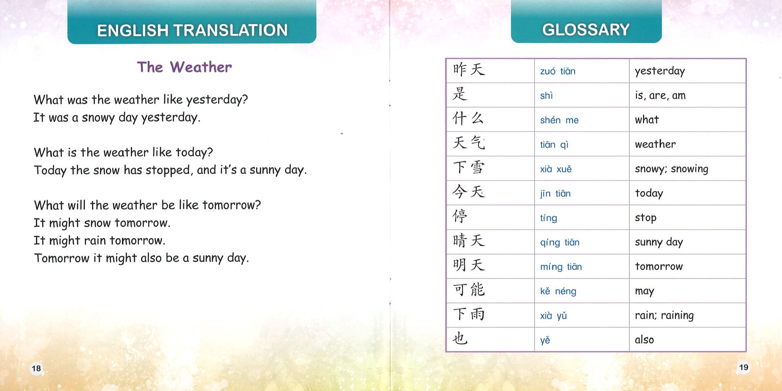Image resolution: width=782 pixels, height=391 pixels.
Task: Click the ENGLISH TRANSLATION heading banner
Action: (192, 30)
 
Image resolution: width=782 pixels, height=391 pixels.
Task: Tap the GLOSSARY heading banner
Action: (586, 29)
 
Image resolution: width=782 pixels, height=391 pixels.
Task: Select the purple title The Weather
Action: (184, 67)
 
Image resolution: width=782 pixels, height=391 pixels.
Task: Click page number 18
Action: (36, 368)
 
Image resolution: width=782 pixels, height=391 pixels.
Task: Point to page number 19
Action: (744, 367)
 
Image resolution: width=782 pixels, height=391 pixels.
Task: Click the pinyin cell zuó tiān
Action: (557, 71)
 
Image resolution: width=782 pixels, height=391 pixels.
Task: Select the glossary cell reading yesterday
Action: (660, 71)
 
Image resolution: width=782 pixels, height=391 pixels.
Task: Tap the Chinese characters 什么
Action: (469, 119)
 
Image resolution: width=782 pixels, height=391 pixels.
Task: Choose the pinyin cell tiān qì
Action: (554, 144)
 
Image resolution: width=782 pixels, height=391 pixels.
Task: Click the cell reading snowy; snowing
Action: (671, 169)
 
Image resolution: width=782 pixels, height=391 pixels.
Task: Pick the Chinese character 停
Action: (460, 217)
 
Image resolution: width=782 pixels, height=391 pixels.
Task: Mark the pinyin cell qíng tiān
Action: (560, 242)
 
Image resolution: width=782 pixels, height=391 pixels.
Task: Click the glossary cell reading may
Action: (644, 291)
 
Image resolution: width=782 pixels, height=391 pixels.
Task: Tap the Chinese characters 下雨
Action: (469, 315)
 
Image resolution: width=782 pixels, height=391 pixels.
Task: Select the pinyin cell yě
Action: (545, 340)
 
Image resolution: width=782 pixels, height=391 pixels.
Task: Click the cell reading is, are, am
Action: (660, 96)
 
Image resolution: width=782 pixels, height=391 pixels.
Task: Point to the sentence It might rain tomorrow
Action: (99, 241)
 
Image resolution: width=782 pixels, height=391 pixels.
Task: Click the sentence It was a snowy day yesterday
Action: (117, 117)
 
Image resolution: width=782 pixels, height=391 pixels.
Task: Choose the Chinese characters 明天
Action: (469, 266)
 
